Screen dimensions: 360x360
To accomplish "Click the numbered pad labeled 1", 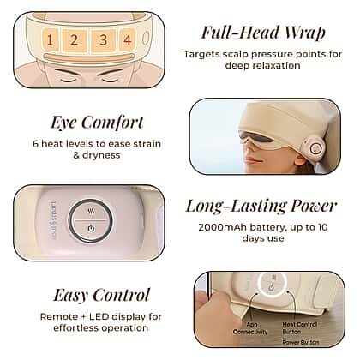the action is pos(51,39).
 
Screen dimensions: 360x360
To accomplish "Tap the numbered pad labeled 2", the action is pos(75,39).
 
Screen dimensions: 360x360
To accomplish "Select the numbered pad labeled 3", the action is pos(104,40).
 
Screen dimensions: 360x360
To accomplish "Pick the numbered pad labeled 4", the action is pos(127,39).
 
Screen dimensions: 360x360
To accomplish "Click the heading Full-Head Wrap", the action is pos(263,33).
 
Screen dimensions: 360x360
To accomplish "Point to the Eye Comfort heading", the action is pos(97,123).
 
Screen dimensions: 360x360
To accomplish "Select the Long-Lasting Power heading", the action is pos(261,206).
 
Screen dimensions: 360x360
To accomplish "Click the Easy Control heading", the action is pos(102,295).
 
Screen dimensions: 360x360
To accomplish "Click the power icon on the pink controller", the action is pos(91,228).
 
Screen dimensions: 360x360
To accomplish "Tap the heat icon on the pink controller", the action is pos(91,212).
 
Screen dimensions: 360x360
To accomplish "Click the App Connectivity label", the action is pos(250,328).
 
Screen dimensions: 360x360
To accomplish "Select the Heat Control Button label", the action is pos(300,328).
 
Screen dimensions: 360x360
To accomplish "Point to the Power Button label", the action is pos(301,342).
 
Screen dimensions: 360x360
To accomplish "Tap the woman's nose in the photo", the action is pos(249,149).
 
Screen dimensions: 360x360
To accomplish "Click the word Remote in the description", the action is pos(58,316).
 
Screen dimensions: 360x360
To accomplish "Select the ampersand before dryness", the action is pos(76,155).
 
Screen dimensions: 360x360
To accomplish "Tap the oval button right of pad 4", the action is pos(146,38).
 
